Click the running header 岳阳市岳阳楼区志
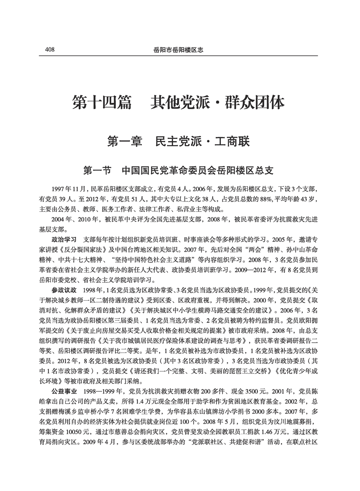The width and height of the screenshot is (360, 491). coord(179,50)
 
